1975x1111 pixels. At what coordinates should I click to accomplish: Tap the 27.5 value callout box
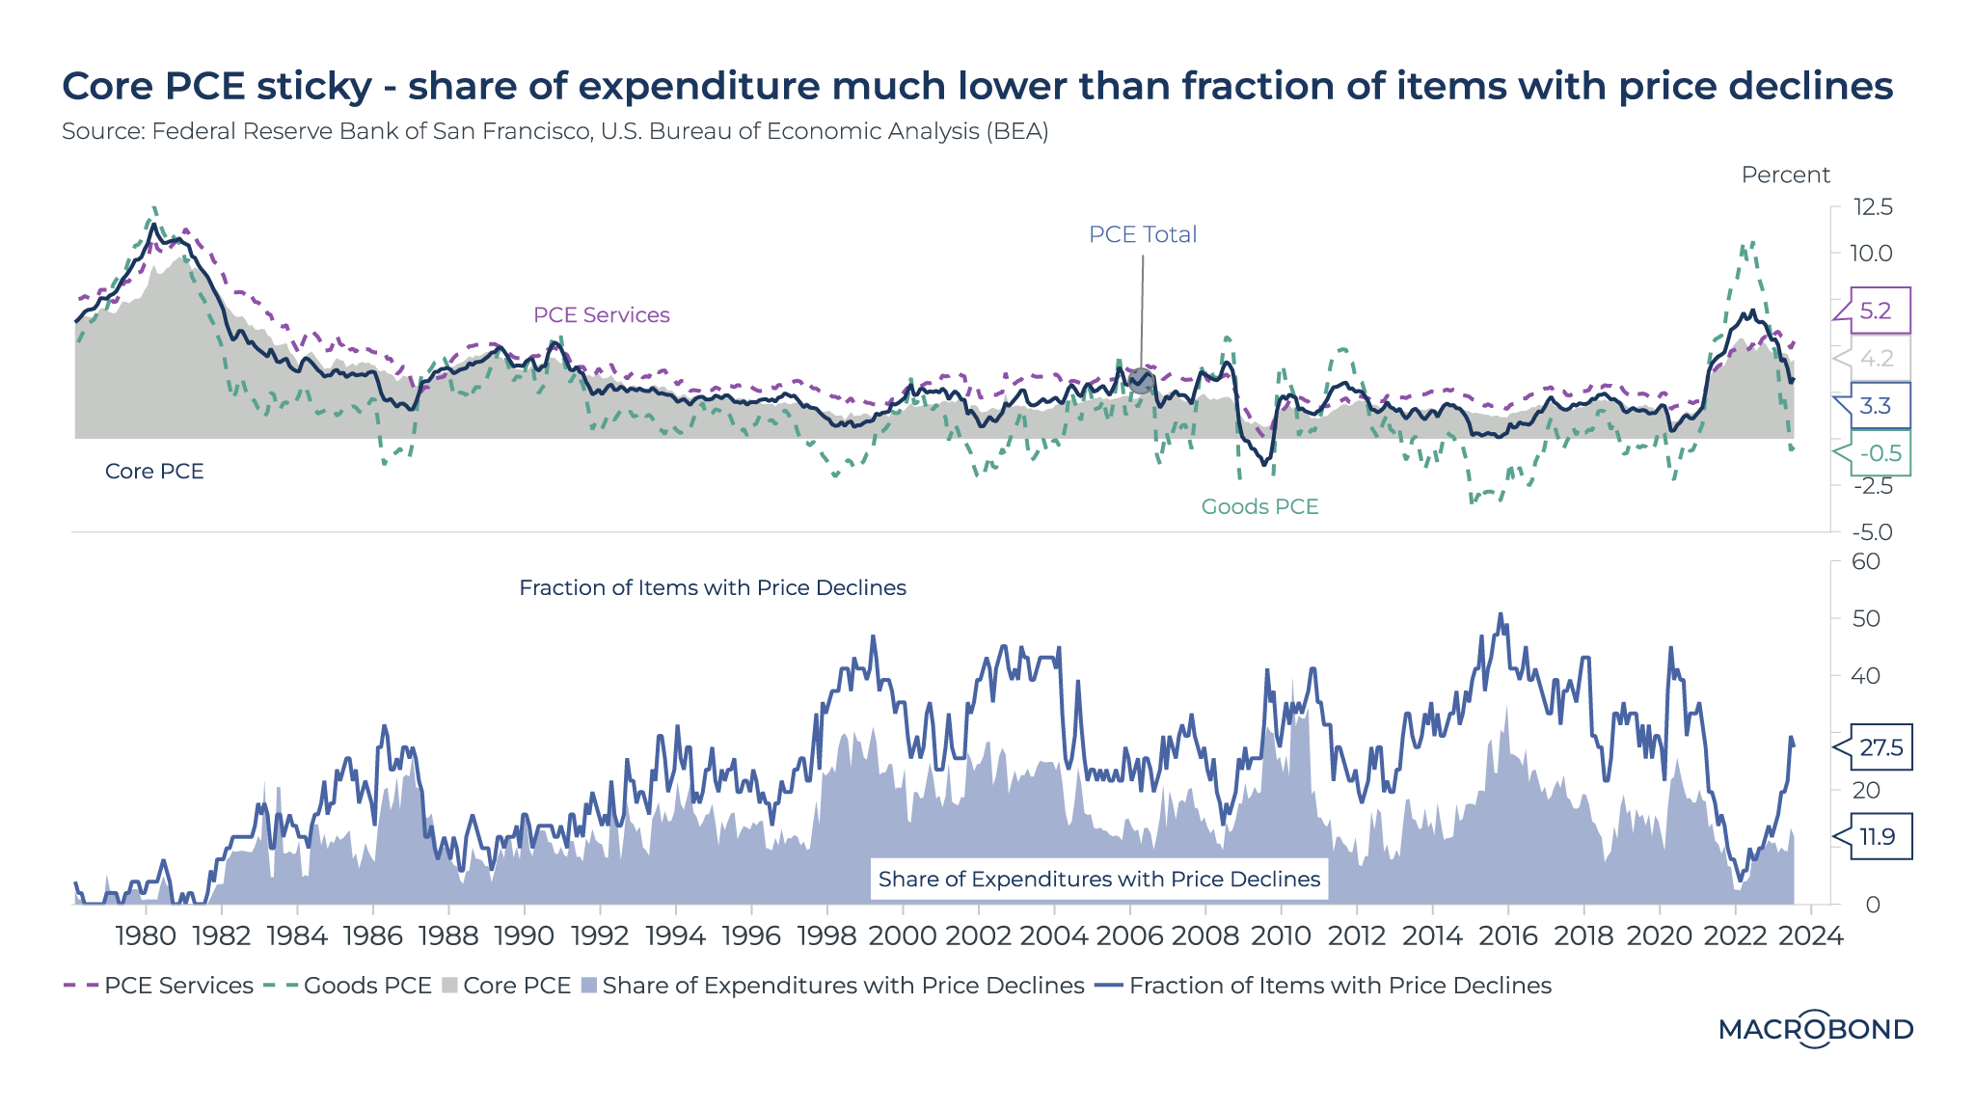tap(1881, 747)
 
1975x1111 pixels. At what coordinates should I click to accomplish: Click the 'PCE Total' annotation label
tap(1142, 234)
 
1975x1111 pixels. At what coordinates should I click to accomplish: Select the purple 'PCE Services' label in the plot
tap(601, 315)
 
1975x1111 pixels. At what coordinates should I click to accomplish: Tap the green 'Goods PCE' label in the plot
tap(1259, 506)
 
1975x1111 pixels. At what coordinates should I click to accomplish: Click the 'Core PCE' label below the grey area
tap(154, 472)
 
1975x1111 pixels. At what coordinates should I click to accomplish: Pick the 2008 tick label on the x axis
tap(1205, 935)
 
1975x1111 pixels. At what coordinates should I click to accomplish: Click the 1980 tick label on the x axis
tap(146, 935)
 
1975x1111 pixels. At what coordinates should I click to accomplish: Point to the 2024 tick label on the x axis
tap(1811, 935)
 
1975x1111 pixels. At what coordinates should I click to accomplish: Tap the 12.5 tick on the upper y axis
tap(1873, 207)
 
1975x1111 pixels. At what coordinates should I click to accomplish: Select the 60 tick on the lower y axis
tap(1866, 561)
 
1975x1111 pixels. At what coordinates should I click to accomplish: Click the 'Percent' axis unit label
tap(1785, 175)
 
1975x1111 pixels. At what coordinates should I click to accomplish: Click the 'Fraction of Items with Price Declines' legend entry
tap(1339, 986)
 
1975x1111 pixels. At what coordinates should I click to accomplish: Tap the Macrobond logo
tap(1816, 1029)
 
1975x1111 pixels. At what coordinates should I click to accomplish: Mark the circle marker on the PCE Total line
tap(1141, 380)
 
